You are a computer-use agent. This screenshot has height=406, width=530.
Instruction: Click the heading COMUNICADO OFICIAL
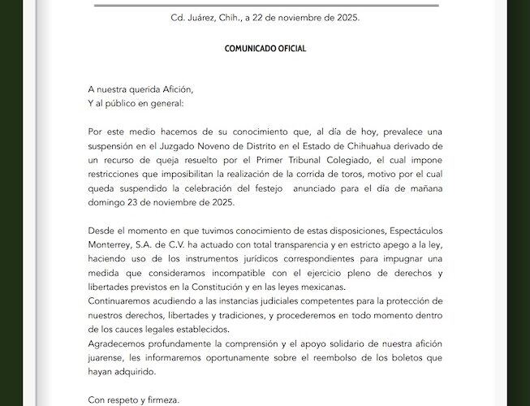[x=265, y=48]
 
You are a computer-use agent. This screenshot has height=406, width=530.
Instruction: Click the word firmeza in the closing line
[x=160, y=400]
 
